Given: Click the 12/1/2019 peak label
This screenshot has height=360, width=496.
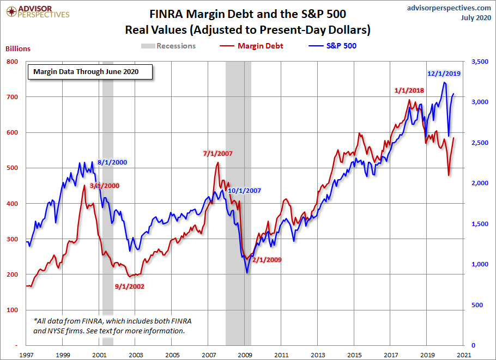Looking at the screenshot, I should click(x=444, y=73).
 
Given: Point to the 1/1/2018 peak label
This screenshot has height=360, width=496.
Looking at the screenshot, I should click(x=409, y=90).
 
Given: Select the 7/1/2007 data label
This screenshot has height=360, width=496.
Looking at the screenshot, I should click(x=217, y=154).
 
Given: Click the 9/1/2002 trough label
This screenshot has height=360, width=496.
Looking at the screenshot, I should click(x=129, y=286).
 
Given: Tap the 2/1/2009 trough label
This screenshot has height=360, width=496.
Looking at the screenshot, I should click(x=267, y=260).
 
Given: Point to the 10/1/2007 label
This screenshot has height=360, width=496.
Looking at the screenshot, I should click(x=245, y=191).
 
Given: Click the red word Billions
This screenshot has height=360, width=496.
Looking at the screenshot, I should click(x=18, y=48).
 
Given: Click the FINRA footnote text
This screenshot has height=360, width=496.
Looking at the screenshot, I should click(x=112, y=325).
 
